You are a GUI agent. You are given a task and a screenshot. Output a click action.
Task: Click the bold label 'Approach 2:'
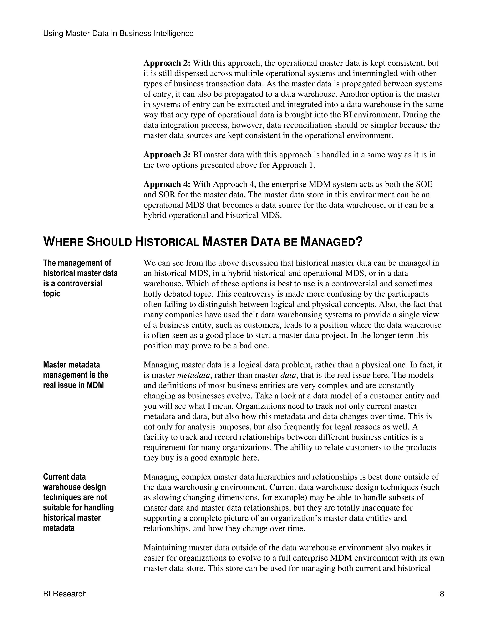(x=167, y=63)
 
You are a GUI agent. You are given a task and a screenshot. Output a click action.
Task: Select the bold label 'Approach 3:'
(x=167, y=155)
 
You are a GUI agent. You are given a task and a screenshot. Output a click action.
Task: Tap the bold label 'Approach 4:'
(x=167, y=184)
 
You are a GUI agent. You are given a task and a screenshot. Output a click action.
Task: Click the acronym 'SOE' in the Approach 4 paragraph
(x=424, y=184)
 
